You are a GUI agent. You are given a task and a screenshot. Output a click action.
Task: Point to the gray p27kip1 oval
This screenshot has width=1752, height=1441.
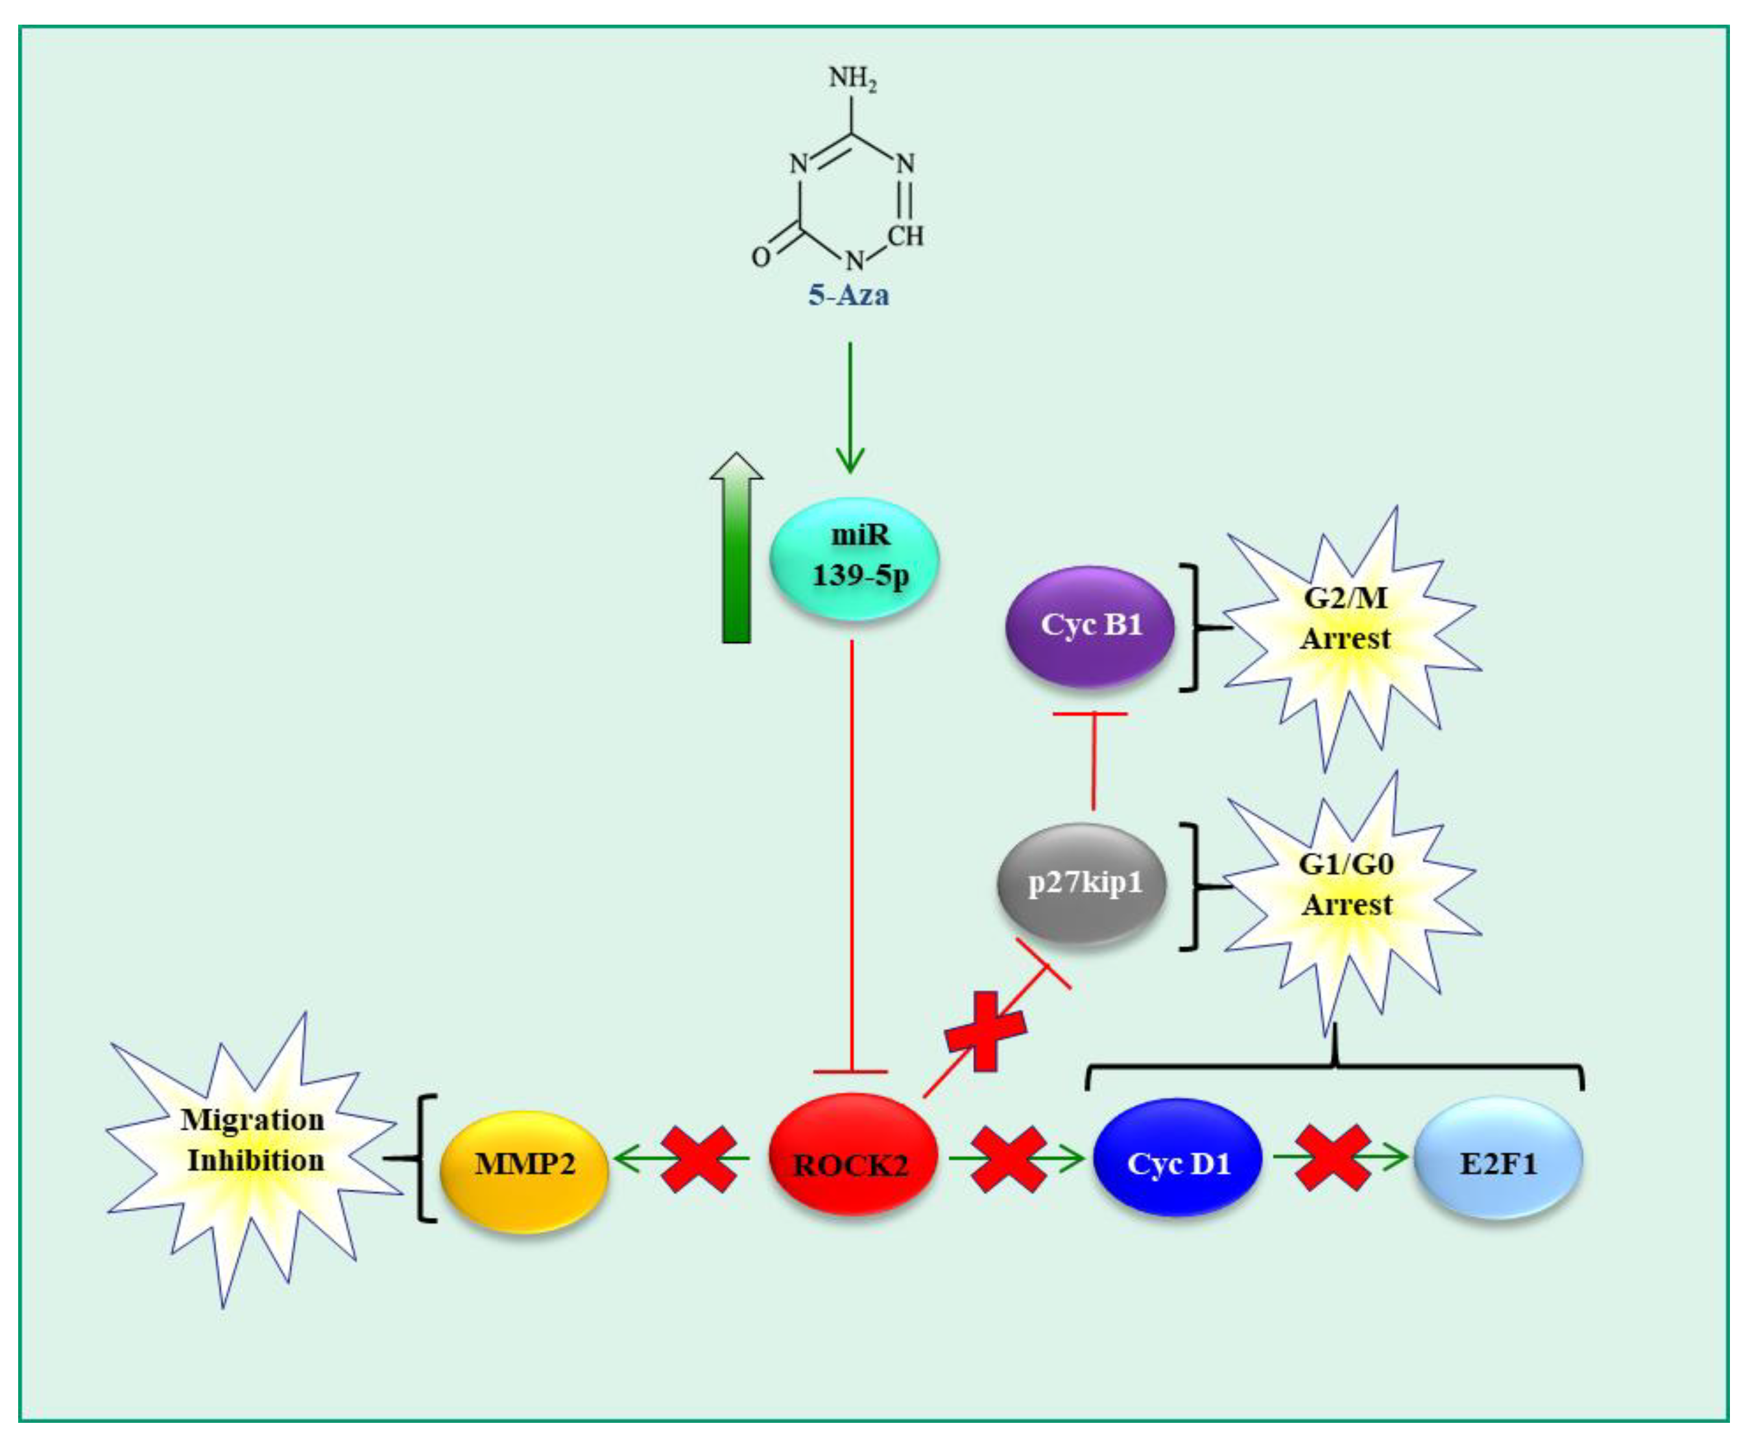point(1082,882)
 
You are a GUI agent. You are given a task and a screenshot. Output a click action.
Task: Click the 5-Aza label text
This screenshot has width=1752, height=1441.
point(848,295)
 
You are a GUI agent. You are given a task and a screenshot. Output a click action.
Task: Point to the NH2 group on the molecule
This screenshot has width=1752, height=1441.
point(852,80)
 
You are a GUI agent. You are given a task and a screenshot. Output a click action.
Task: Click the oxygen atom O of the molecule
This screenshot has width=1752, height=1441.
point(760,258)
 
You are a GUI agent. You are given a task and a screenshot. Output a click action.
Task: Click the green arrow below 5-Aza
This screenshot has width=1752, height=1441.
point(850,407)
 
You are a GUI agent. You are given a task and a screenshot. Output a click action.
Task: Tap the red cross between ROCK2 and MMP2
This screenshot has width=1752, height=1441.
point(699,1159)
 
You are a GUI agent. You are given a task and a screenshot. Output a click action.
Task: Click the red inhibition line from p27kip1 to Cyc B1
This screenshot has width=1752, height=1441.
point(1092,760)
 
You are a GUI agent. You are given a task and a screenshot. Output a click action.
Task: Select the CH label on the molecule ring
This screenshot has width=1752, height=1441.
point(905,237)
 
